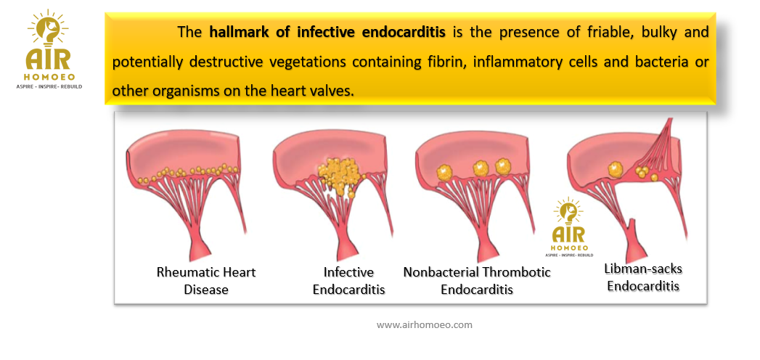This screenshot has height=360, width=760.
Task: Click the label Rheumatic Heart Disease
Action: point(206,281)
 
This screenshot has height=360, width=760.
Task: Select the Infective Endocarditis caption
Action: point(349,281)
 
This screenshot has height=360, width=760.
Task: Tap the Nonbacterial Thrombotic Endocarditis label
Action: point(477,281)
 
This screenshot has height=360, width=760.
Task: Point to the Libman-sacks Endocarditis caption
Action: point(643,277)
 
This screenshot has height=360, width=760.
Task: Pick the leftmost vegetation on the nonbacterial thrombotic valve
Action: point(444,172)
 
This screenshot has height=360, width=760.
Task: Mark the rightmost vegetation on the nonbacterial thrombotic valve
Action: point(504,166)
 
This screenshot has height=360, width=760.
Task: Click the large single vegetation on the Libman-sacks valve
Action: point(615,168)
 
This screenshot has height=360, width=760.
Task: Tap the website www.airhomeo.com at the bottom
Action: point(424,324)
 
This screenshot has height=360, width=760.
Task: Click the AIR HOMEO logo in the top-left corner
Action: point(49,49)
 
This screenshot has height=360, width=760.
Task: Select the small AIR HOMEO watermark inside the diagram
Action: point(568,228)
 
